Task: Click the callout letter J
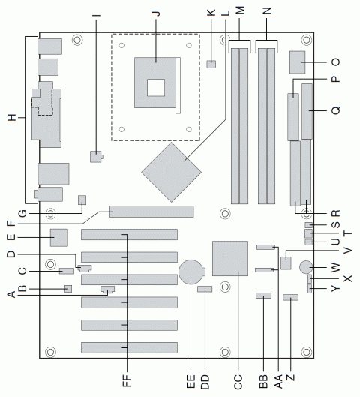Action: (x=156, y=13)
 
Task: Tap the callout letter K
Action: (x=211, y=13)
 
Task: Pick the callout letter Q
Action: (x=335, y=110)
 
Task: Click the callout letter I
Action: (x=96, y=13)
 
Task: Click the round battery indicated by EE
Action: (x=191, y=271)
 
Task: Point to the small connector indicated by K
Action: (x=211, y=65)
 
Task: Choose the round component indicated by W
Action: (x=307, y=267)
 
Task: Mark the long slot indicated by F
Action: (x=151, y=211)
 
